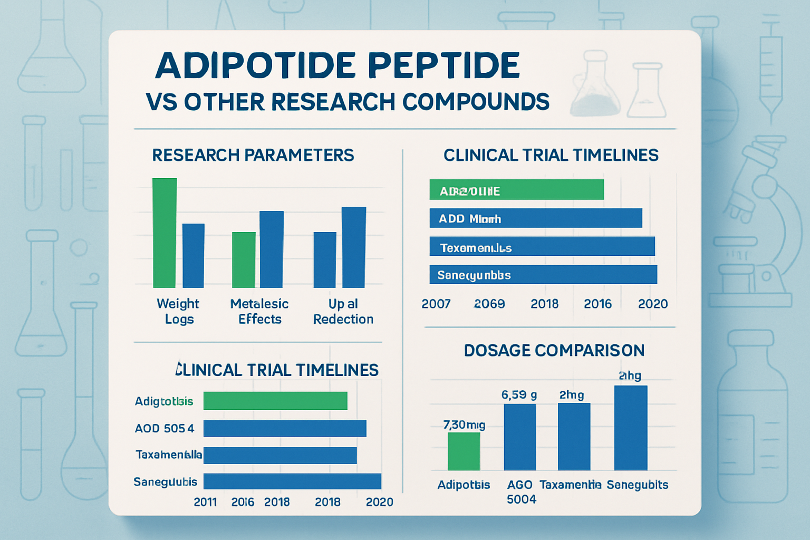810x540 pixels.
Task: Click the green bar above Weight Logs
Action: pyautogui.click(x=165, y=233)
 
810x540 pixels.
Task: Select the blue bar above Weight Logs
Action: pyautogui.click(x=193, y=255)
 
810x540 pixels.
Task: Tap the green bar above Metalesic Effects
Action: pyautogui.click(x=244, y=259)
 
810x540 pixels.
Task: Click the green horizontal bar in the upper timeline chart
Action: pyautogui.click(x=516, y=190)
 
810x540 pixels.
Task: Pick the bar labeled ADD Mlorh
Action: pyautogui.click(x=535, y=218)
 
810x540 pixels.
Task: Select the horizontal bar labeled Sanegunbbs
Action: pyautogui.click(x=543, y=275)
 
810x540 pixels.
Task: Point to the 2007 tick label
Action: pyautogui.click(x=436, y=304)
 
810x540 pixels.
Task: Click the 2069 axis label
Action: pyautogui.click(x=489, y=304)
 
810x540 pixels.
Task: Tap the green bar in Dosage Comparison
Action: pyautogui.click(x=464, y=451)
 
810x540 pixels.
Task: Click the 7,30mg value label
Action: pyautogui.click(x=464, y=425)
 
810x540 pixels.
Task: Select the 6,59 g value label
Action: pyautogui.click(x=519, y=395)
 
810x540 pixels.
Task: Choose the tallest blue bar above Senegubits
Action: pyautogui.click(x=631, y=428)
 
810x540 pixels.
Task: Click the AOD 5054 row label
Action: pyautogui.click(x=165, y=428)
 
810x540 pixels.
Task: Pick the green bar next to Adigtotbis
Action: pyautogui.click(x=275, y=401)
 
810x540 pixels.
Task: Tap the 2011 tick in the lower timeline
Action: pyautogui.click(x=205, y=502)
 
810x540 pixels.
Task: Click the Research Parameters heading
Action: pyautogui.click(x=253, y=155)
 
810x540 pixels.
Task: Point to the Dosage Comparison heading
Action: pyautogui.click(x=554, y=350)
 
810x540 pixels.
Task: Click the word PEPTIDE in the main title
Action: pyautogui.click(x=444, y=66)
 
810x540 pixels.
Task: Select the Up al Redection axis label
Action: pyautogui.click(x=343, y=311)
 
